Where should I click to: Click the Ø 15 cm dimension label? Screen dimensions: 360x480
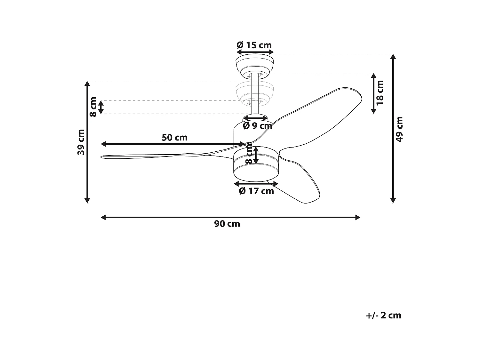pyautogui.click(x=254, y=45)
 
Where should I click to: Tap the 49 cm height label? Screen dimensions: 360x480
pyautogui.click(x=399, y=129)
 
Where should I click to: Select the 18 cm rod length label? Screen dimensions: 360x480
pyautogui.click(x=380, y=93)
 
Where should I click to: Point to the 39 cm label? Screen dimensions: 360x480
pyautogui.click(x=81, y=142)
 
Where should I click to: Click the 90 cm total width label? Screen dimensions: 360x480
pyautogui.click(x=227, y=224)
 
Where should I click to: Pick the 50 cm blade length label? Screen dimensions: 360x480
pyautogui.click(x=174, y=138)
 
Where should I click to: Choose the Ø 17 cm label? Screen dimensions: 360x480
pyautogui.click(x=256, y=191)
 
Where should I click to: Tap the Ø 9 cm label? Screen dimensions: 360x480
pyautogui.click(x=257, y=126)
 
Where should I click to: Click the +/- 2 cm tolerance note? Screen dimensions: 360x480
pyautogui.click(x=383, y=315)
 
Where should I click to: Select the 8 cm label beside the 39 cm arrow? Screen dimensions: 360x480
pyautogui.click(x=93, y=107)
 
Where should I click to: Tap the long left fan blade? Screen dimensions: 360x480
pyautogui.click(x=154, y=156)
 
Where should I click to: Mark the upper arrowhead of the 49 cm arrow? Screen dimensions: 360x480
pyautogui.click(x=393, y=57)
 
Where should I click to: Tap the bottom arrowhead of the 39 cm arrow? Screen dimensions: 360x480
pyautogui.click(x=87, y=200)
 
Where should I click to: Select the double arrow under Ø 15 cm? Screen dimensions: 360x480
pyautogui.click(x=255, y=52)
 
